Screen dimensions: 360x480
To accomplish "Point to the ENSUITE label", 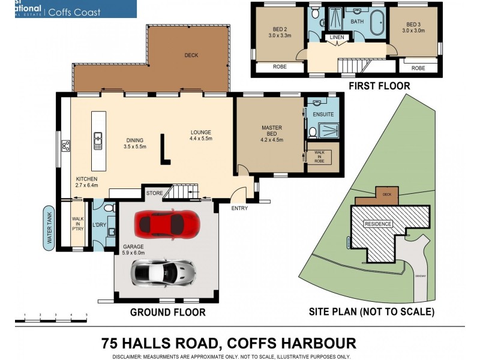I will [316, 114].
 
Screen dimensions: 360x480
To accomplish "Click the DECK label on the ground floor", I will [191, 55].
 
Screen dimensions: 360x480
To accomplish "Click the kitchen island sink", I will [98, 141].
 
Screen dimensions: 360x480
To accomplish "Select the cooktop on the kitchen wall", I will [65, 145].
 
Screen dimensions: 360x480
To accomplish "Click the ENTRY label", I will [239, 208].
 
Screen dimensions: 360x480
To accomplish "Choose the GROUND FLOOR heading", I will [168, 312].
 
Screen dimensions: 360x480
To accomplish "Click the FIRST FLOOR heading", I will [379, 86].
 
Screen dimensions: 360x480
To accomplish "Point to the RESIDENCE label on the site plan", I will [379, 224].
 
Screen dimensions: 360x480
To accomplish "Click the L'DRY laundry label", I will [100, 225].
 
